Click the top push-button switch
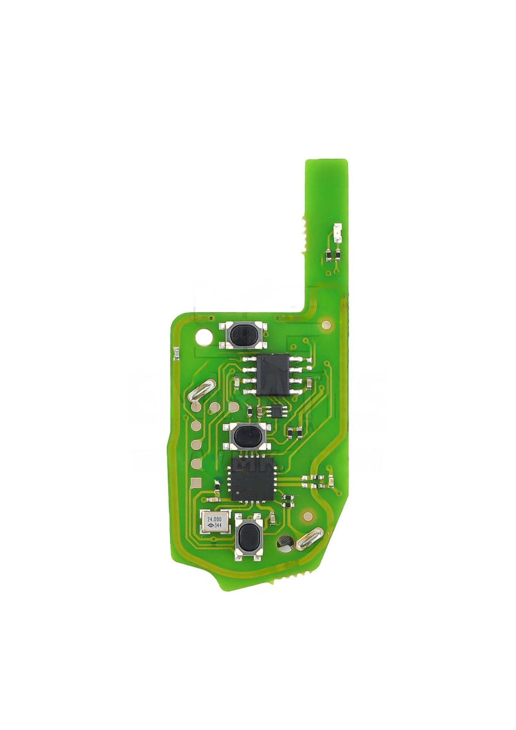pyautogui.click(x=243, y=334)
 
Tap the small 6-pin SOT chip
pyautogui.click(x=276, y=411)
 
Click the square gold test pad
pyautogui.click(x=196, y=482)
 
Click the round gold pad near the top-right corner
pyautogui.click(x=326, y=325)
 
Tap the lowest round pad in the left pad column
pyautogui.click(x=196, y=463)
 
